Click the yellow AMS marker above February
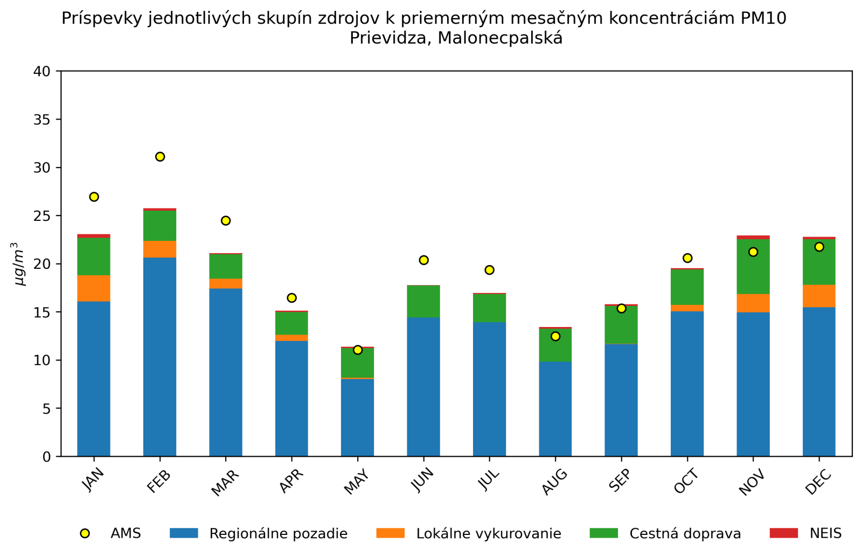(x=160, y=157)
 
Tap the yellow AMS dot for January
(x=94, y=197)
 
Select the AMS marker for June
(x=423, y=260)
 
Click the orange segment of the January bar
(x=94, y=288)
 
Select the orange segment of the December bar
(x=819, y=296)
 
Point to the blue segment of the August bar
(x=555, y=409)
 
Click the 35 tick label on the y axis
(x=42, y=120)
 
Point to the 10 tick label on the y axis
(x=42, y=360)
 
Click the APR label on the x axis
(x=291, y=481)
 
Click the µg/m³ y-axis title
(x=19, y=264)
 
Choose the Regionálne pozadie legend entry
(x=278, y=534)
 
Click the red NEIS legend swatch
(x=783, y=533)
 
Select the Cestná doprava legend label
(x=685, y=534)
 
